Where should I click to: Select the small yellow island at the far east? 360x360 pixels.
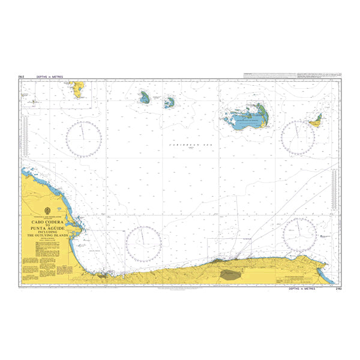click(316, 121)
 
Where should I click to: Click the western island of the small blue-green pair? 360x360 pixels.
click(145, 97)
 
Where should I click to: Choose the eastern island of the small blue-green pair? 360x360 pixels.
click(170, 103)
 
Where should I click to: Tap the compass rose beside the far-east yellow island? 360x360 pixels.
click(298, 138)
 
